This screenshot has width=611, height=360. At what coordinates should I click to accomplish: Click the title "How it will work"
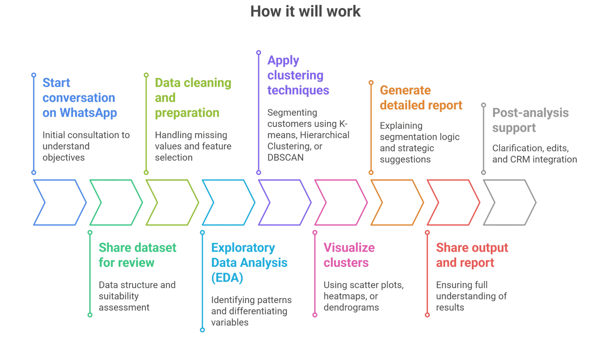305,11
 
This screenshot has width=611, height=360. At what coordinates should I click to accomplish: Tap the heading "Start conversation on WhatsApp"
79,98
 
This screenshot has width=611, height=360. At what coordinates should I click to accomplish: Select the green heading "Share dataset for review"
137,255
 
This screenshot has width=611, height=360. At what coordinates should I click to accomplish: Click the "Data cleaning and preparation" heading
193,98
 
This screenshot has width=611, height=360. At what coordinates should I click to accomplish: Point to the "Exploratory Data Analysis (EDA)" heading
249,263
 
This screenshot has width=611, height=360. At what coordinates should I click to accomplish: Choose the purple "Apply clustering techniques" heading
298,75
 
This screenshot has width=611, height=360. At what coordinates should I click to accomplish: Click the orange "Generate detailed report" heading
421,98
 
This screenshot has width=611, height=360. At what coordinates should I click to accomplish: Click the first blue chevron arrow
59,202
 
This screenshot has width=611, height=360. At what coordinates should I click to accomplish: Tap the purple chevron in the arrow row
284,202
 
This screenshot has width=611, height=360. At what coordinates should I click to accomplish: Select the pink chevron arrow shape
341,202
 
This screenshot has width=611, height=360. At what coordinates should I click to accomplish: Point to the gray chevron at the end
509,202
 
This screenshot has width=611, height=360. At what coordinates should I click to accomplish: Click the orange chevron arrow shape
397,202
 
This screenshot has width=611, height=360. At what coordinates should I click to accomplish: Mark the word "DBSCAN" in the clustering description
286,157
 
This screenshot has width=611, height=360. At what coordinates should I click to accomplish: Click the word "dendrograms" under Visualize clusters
351,307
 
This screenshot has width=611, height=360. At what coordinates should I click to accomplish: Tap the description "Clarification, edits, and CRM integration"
535,153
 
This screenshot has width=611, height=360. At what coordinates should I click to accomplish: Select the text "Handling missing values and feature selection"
193,146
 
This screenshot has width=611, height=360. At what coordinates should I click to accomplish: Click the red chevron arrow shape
453,202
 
